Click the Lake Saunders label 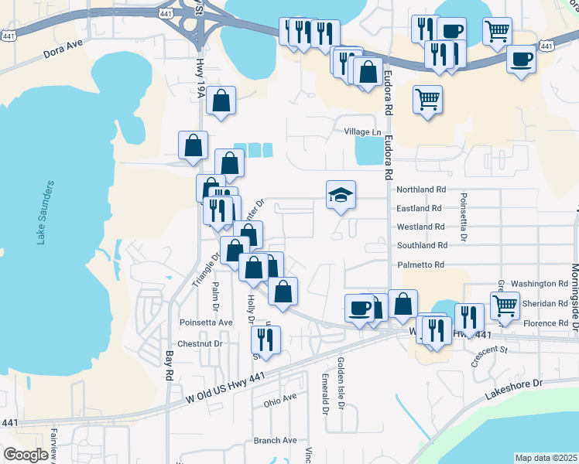46,213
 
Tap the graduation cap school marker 341,195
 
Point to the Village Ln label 363,131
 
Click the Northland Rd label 421,189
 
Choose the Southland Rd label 422,245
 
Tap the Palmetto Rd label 422,264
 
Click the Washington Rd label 540,284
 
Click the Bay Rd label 169,365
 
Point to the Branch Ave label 275,440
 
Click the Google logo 26,455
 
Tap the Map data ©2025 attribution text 546,458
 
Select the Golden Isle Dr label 341,384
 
